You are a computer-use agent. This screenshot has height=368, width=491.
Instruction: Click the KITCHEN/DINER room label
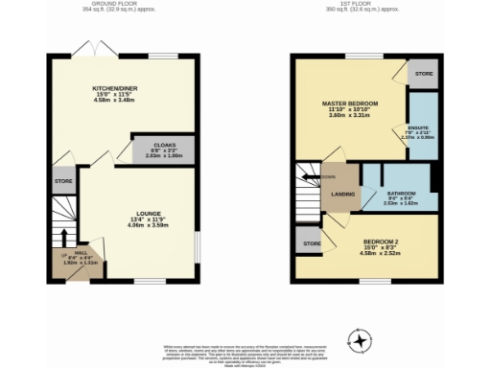(x=111, y=88)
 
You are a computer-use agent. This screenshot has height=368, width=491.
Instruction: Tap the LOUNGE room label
(x=148, y=214)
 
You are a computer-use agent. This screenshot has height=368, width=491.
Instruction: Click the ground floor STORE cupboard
(x=63, y=180)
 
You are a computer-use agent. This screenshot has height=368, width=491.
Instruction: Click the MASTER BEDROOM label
(x=350, y=103)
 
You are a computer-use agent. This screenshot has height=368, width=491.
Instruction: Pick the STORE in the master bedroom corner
(x=421, y=74)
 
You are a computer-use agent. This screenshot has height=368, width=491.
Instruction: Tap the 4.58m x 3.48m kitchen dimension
(x=111, y=100)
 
